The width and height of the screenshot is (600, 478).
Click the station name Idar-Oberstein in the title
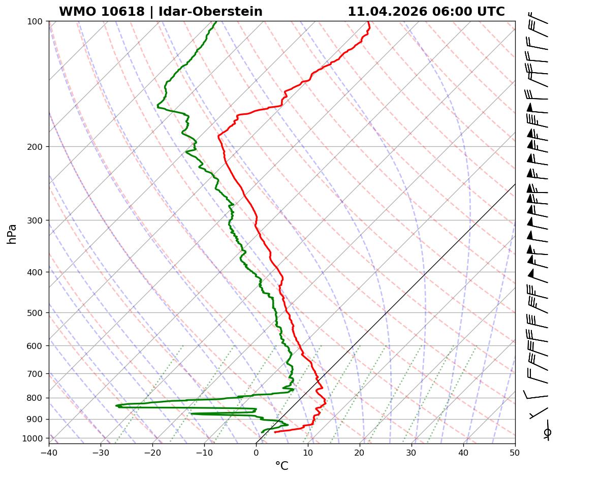pyautogui.click(x=210, y=12)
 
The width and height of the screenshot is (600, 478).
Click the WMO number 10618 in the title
pyautogui.click(x=123, y=12)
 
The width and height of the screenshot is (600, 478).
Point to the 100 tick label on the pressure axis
pyautogui.click(x=35, y=21)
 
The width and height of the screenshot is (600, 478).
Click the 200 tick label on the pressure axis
pyautogui.click(x=35, y=147)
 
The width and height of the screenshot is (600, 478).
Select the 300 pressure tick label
pyautogui.click(x=35, y=220)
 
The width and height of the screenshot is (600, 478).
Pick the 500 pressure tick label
pyautogui.click(x=35, y=312)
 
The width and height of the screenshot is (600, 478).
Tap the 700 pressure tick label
pyautogui.click(x=35, y=374)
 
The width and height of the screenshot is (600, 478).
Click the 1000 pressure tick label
pyautogui.click(x=34, y=438)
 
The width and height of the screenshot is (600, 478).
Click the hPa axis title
pyautogui.click(x=12, y=234)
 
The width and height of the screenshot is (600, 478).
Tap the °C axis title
pyautogui.click(x=281, y=466)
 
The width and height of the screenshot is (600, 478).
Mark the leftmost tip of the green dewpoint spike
pyautogui.click(x=116, y=405)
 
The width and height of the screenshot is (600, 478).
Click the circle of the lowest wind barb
pyautogui.click(x=547, y=432)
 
